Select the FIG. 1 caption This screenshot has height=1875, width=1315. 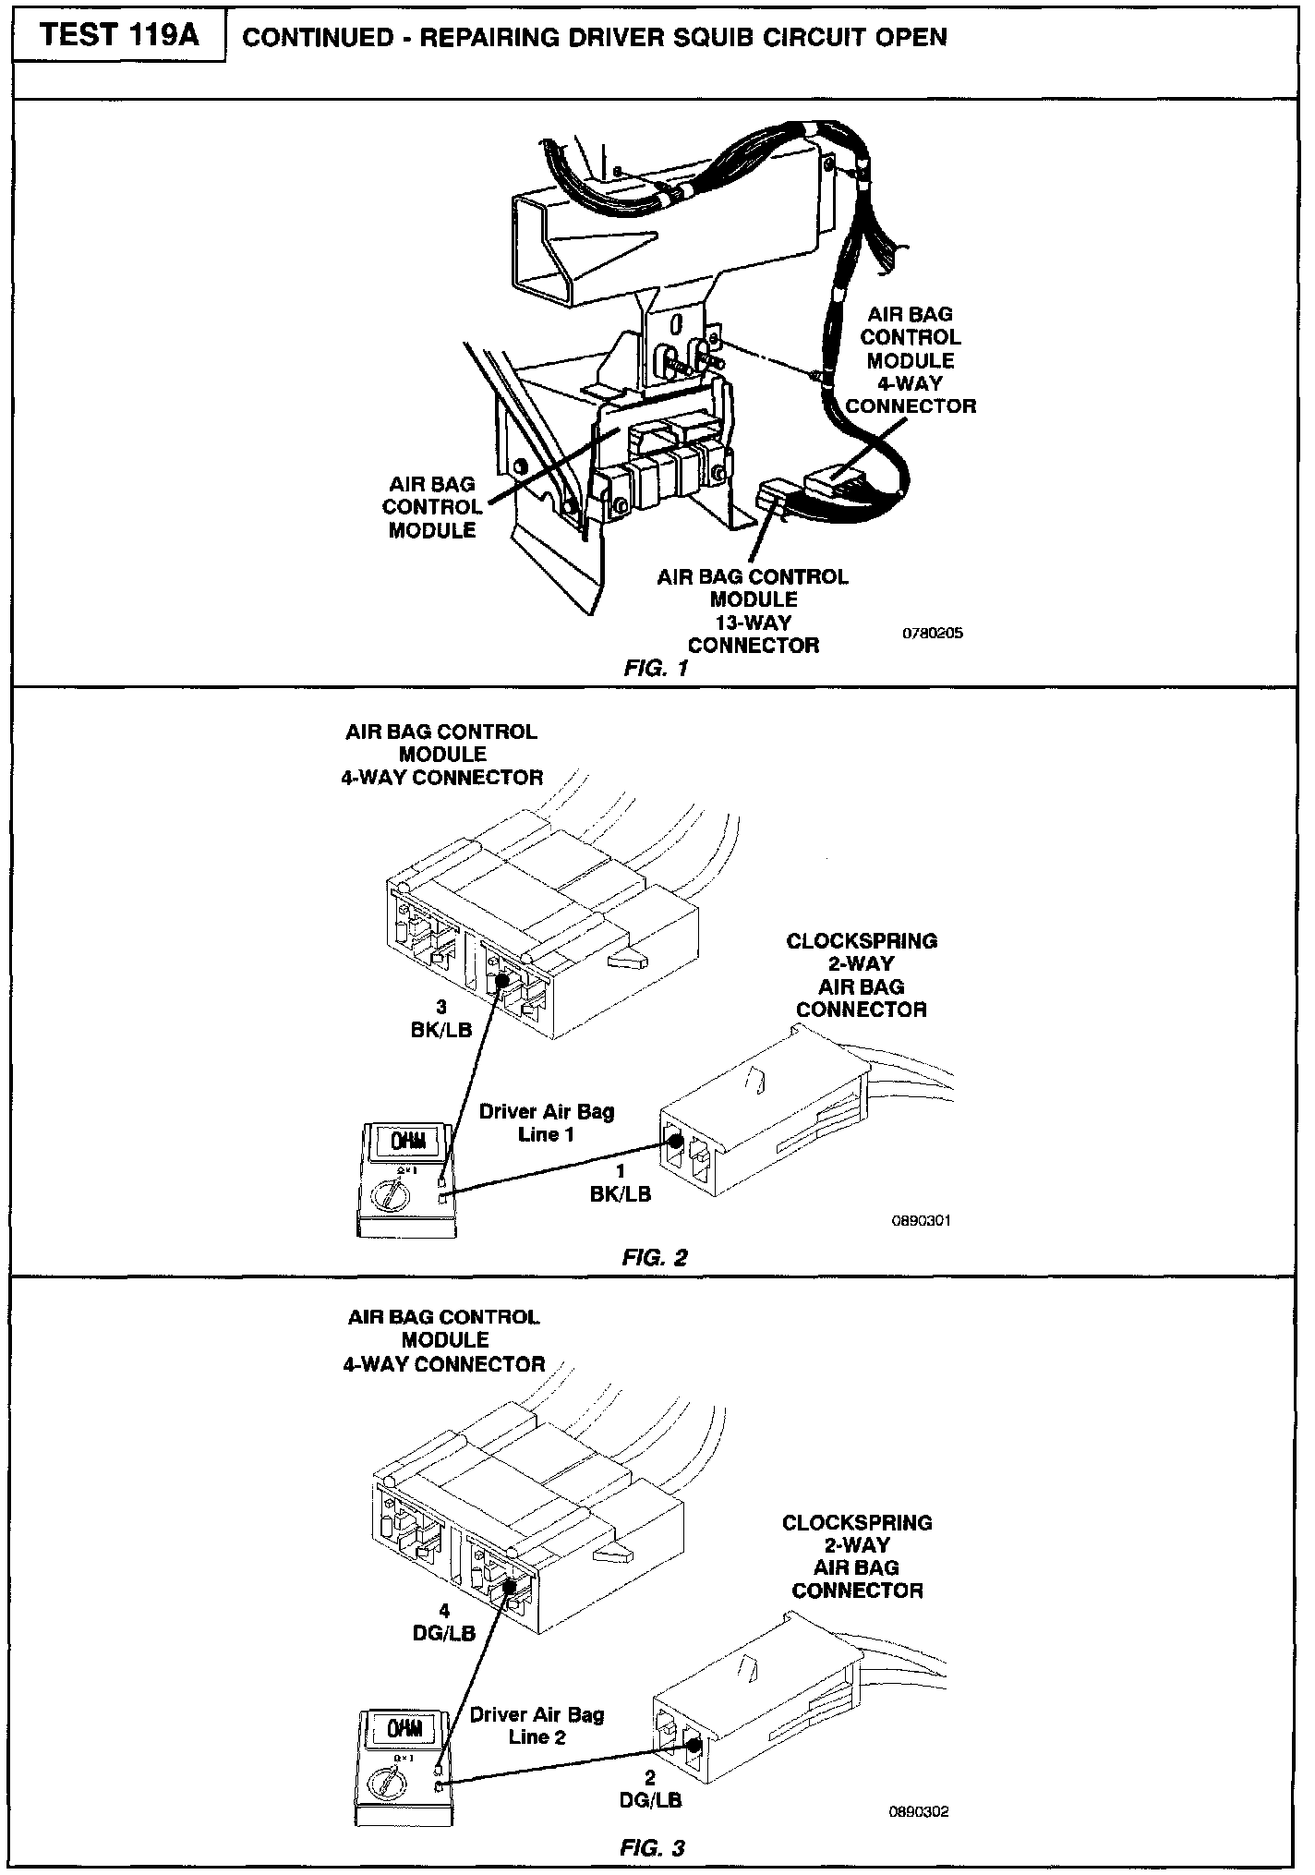click(x=656, y=669)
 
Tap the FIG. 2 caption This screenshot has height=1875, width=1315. click(x=655, y=1257)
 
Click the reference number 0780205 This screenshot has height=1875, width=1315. click(x=933, y=635)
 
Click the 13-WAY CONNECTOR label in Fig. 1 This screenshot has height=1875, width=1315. click(x=753, y=611)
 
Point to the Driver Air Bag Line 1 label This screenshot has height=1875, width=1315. click(x=547, y=1123)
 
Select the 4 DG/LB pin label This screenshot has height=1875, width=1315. click(x=443, y=1622)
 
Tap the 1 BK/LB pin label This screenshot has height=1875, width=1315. click(x=621, y=1182)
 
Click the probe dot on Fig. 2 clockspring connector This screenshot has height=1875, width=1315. click(x=676, y=1141)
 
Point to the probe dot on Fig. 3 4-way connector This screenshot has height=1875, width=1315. click(x=509, y=1584)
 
